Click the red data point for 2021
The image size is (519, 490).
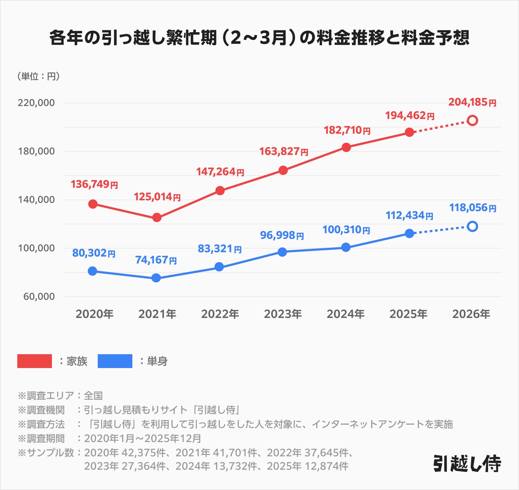(x=157, y=217)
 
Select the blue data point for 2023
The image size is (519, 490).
(x=282, y=252)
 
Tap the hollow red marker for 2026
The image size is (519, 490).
(x=472, y=121)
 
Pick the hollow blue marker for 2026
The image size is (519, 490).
(x=472, y=226)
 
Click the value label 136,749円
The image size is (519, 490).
(x=94, y=184)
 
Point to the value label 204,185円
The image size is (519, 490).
(x=472, y=102)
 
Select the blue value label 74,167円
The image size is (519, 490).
(x=156, y=260)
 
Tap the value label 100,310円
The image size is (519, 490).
(x=346, y=230)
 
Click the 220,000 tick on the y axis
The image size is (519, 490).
(x=36, y=103)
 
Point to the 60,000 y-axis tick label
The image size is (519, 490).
(x=39, y=297)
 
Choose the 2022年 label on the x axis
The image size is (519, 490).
(x=220, y=314)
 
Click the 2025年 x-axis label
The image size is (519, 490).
(x=408, y=314)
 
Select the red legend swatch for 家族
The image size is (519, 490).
(x=34, y=361)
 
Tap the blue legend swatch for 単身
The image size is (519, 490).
(x=115, y=361)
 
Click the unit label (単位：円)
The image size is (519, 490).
(x=38, y=76)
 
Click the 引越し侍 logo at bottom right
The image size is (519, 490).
(x=467, y=464)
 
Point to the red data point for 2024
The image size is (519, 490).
(x=346, y=147)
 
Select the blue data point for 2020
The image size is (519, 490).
(x=93, y=271)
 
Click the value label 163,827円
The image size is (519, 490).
(x=283, y=151)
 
